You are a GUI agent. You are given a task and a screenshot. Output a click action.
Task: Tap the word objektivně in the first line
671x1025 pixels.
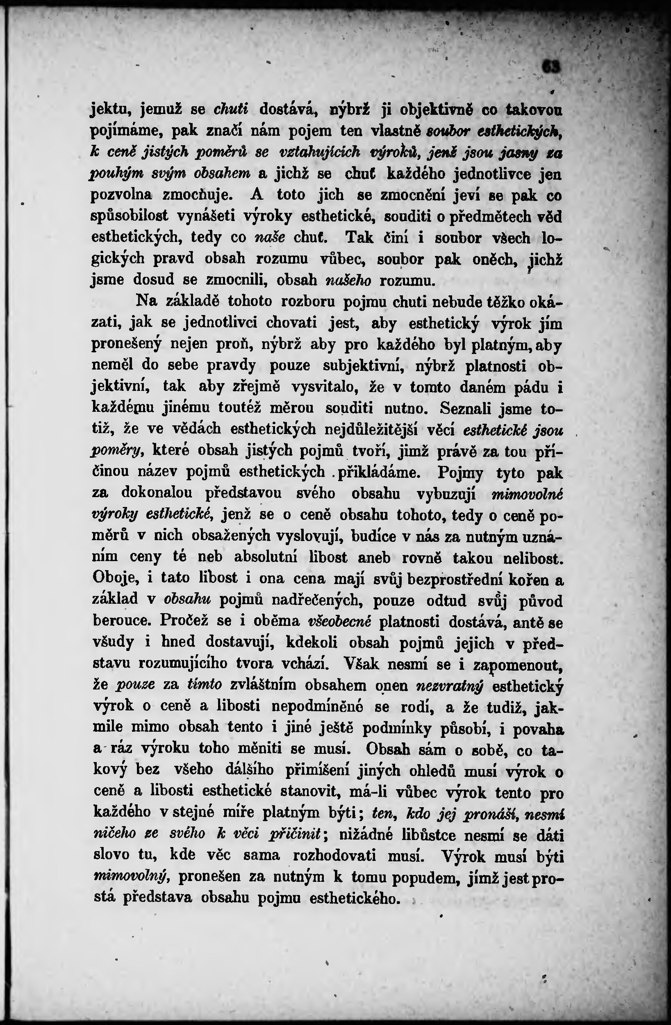[437, 110]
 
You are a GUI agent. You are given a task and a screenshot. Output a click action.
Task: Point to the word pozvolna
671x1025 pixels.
[121, 195]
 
